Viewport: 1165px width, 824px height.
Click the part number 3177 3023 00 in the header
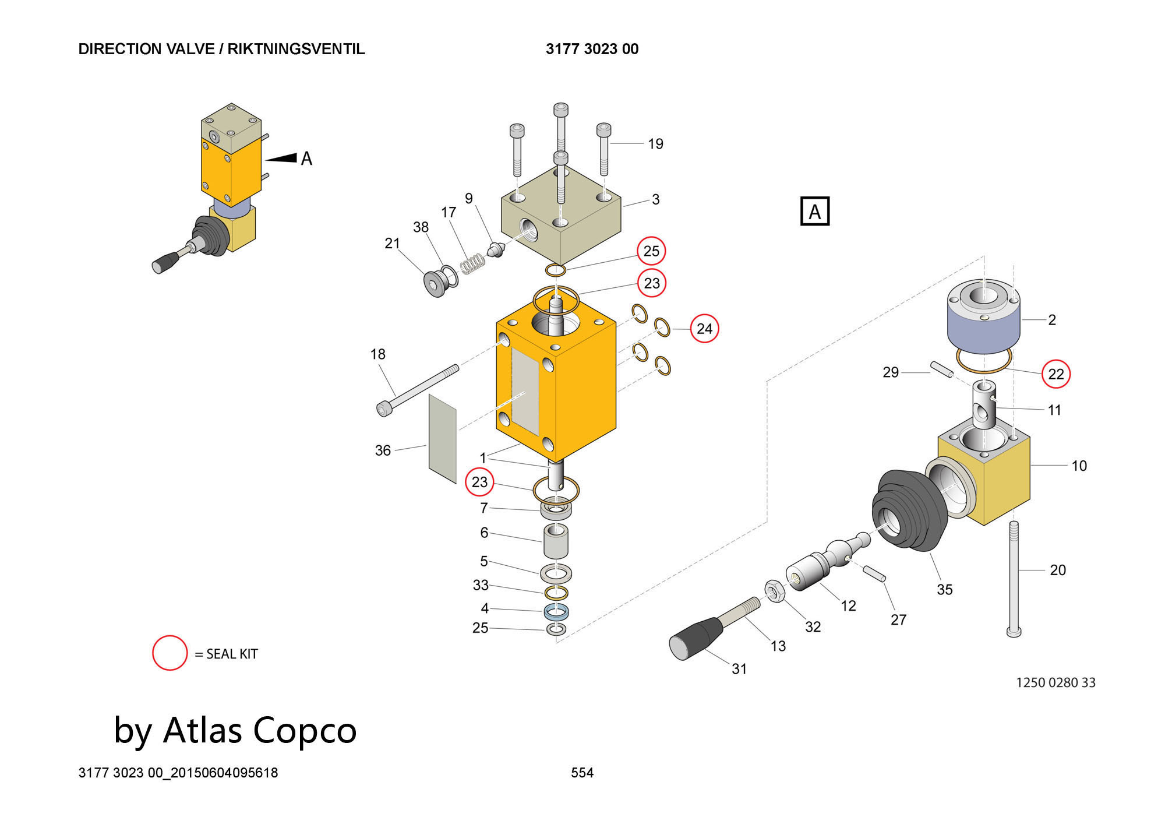point(592,49)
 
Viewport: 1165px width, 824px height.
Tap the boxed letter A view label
point(815,211)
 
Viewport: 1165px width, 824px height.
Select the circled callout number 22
point(1056,374)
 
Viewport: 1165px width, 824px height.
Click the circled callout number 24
point(704,329)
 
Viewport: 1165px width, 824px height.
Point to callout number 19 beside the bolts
point(655,144)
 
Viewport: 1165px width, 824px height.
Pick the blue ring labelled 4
point(556,612)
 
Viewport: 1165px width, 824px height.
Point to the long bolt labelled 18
point(418,390)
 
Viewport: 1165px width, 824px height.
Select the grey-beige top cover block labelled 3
point(561,214)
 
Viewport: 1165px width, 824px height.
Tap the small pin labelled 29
point(942,369)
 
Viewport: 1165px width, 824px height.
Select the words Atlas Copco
point(260,730)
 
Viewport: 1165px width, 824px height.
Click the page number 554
point(582,773)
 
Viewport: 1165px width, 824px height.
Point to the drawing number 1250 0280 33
point(1055,682)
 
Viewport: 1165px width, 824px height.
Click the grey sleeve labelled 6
point(556,541)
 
